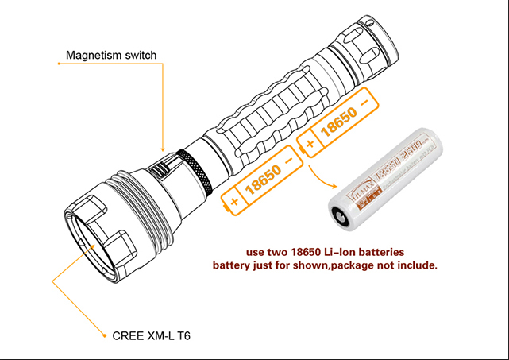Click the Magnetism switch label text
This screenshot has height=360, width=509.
pyautogui.click(x=111, y=55)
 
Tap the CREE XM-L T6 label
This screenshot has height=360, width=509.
pyautogui.click(x=147, y=336)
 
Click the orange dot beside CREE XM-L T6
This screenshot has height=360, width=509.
pyautogui.click(x=104, y=336)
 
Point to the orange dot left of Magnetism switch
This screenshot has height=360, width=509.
pyautogui.click(x=58, y=66)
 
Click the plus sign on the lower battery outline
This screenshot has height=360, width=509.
pyautogui.click(x=234, y=201)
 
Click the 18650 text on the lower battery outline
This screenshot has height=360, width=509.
pyautogui.click(x=260, y=180)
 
